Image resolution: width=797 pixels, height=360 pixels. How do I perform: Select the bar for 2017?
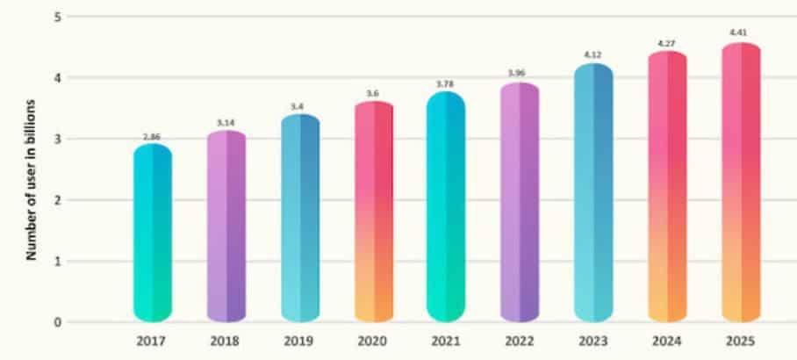click(152, 233)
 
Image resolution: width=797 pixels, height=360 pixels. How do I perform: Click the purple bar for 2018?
click(226, 226)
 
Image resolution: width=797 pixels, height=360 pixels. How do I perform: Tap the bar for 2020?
click(373, 211)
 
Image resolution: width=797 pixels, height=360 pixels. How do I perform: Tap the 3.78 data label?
click(446, 84)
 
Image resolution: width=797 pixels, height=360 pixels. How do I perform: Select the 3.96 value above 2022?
click(520, 74)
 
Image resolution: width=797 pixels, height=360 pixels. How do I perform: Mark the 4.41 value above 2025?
click(740, 33)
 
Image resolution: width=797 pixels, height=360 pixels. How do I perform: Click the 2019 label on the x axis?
click(299, 342)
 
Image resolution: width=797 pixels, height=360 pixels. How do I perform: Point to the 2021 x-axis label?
click(446, 342)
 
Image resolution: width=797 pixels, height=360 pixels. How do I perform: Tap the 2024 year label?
click(667, 342)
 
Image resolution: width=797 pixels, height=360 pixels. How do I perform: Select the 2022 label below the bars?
click(520, 342)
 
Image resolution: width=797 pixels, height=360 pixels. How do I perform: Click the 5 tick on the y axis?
click(57, 17)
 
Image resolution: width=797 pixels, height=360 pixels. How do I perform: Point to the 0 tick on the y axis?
click(57, 322)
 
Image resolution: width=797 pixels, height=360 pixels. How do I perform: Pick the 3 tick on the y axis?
click(57, 139)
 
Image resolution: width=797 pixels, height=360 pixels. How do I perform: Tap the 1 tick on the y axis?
click(57, 261)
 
